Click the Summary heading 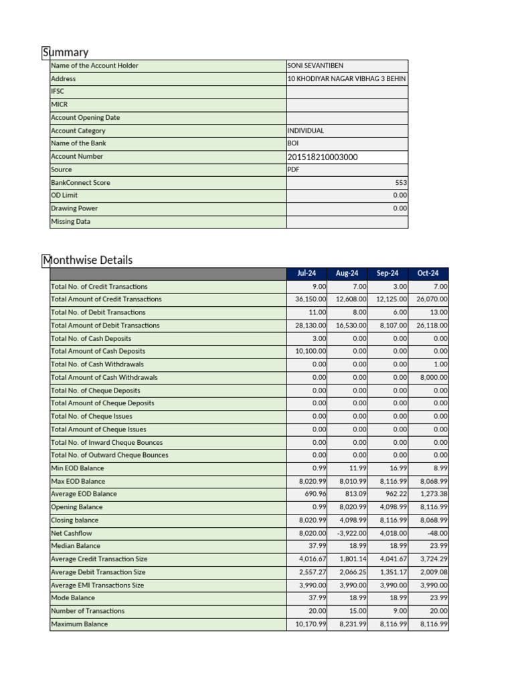click(x=66, y=52)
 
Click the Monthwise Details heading click(x=88, y=260)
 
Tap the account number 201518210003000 click(x=322, y=157)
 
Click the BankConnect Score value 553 click(x=401, y=182)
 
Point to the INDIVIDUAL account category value click(x=305, y=131)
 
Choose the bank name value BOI click(x=292, y=143)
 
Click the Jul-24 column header click(x=307, y=273)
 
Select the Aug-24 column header click(x=347, y=273)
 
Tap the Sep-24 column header click(x=388, y=273)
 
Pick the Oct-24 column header click(x=428, y=273)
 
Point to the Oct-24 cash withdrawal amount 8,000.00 click(x=434, y=377)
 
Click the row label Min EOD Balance click(x=78, y=468)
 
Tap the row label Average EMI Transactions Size click(x=98, y=585)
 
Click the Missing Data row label click(x=70, y=221)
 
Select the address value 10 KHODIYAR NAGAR click(x=346, y=78)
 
